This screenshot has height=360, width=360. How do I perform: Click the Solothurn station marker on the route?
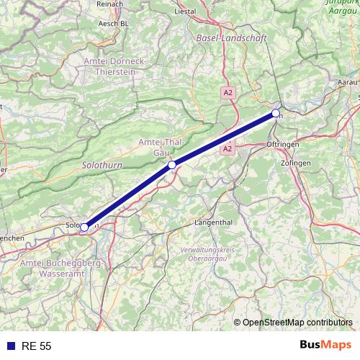(x=84, y=228)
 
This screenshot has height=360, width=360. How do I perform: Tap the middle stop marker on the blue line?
(x=172, y=166)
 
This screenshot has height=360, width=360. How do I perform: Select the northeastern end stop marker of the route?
(x=276, y=113)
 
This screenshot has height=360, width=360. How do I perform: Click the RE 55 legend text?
(x=37, y=346)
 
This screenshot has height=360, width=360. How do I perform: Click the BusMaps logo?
(x=324, y=346)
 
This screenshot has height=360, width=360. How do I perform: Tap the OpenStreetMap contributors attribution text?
(x=297, y=323)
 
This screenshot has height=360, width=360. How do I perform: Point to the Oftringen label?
(x=282, y=145)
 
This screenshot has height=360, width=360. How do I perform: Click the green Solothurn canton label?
(x=102, y=165)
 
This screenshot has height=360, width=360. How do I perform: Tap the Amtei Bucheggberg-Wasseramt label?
(x=63, y=269)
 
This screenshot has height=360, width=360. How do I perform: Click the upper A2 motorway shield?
(x=228, y=92)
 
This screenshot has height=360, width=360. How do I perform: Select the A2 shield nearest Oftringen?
(x=228, y=148)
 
